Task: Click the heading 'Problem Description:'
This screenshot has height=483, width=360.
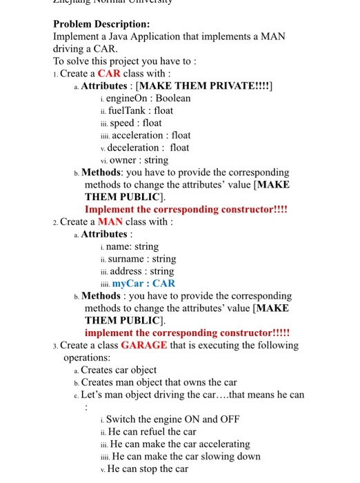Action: pos(97,23)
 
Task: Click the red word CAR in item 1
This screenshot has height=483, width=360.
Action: pos(109,73)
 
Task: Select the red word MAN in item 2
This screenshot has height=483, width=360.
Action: pos(110,221)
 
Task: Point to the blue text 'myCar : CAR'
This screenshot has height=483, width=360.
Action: pos(143,283)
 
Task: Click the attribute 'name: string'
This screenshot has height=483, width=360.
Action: pos(132,246)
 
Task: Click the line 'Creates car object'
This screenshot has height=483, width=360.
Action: pos(119,370)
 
